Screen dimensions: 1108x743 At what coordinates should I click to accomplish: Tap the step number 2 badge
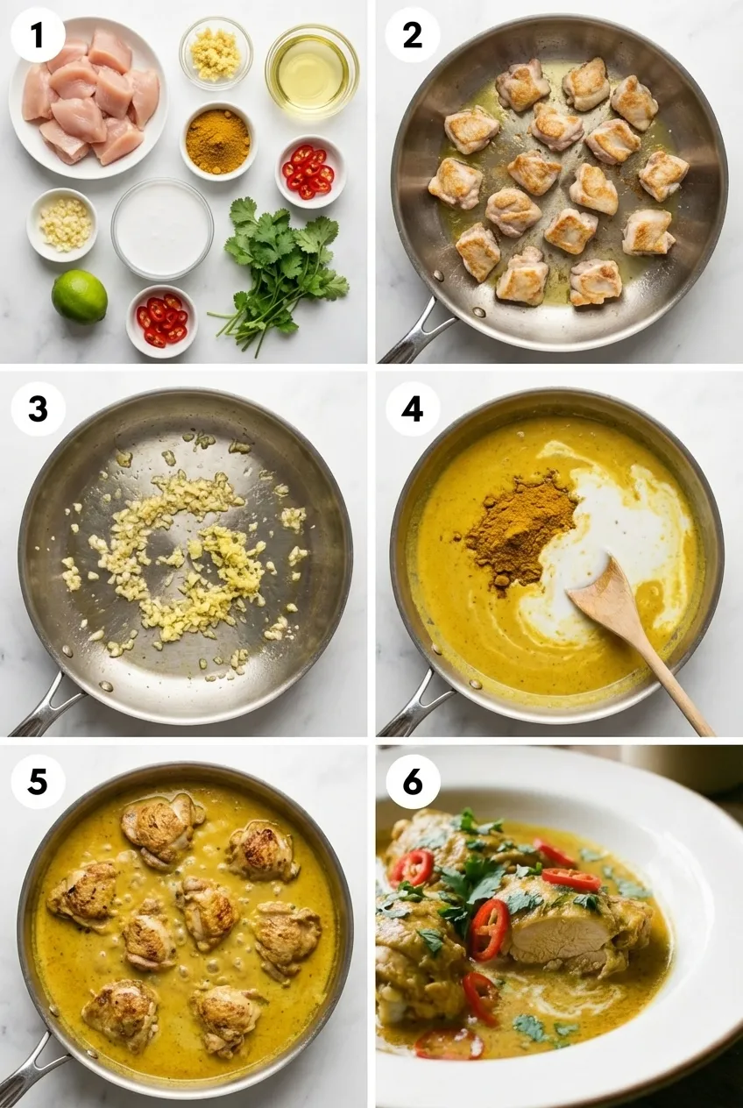tap(412, 35)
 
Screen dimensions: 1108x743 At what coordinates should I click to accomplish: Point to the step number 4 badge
tap(412, 408)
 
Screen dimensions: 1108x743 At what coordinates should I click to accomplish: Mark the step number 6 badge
tap(412, 782)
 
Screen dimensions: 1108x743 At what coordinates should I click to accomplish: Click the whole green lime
tap(79, 296)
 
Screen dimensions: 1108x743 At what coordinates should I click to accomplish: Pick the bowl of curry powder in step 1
tap(218, 140)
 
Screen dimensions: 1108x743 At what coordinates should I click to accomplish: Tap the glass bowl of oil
tap(312, 70)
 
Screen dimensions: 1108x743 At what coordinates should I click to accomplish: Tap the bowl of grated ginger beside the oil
tap(216, 53)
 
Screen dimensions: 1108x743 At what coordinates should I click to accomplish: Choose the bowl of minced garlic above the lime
tap(62, 224)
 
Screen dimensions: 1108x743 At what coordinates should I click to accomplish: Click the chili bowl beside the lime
tap(161, 320)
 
